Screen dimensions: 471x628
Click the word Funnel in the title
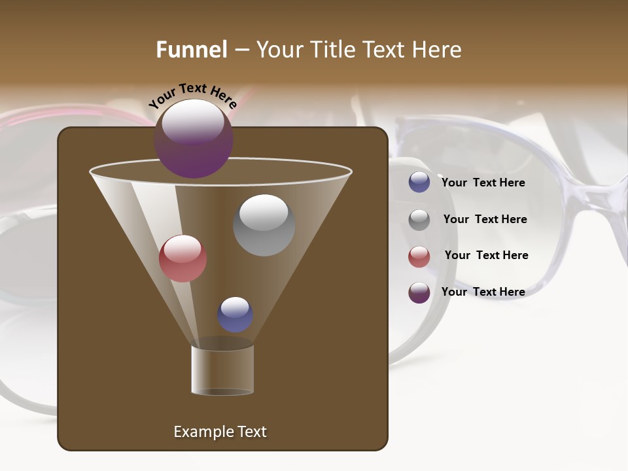click(x=192, y=50)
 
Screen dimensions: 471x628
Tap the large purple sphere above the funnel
click(x=194, y=138)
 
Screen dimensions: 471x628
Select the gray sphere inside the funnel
click(x=264, y=225)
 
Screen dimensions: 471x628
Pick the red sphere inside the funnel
click(x=183, y=258)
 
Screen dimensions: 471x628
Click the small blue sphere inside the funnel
click(x=235, y=314)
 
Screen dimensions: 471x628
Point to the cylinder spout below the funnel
click(x=222, y=370)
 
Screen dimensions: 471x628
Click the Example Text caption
click(x=220, y=432)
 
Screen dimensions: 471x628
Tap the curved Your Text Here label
click(x=192, y=96)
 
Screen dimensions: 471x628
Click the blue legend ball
click(x=419, y=183)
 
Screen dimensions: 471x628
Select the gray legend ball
click(x=419, y=220)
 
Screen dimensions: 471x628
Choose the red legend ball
click(x=419, y=256)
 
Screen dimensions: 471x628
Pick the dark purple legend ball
click(x=419, y=292)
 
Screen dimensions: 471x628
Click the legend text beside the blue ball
click(x=483, y=183)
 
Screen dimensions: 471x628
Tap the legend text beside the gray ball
click(x=485, y=220)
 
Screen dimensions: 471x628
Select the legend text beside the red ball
click(x=486, y=256)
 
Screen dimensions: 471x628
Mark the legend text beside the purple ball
click(x=483, y=292)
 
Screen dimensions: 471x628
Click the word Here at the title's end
click(x=437, y=50)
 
